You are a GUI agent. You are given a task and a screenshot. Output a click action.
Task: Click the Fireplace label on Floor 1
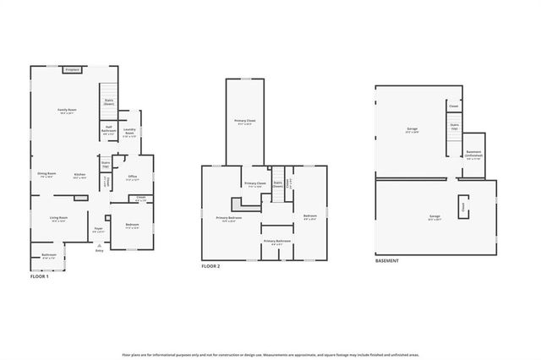72,70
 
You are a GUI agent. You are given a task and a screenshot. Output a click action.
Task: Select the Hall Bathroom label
109,130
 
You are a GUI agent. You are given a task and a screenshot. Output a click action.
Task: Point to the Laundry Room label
129,133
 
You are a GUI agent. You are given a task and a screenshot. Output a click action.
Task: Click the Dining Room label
46,174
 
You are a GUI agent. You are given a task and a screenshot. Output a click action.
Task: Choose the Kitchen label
79,176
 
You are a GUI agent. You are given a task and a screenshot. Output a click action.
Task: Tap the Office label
133,177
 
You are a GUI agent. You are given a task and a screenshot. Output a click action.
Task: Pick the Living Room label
58,218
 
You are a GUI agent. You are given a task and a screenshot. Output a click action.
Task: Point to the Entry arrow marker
99,247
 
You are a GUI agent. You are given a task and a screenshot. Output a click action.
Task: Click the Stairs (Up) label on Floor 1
106,166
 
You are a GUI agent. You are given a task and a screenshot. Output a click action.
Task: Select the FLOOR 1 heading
40,275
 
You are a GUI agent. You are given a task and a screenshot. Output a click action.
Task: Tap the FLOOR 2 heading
210,266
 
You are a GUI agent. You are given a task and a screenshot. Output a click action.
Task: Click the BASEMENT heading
386,260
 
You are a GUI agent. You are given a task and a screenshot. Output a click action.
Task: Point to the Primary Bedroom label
228,218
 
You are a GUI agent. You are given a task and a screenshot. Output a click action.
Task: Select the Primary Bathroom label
276,242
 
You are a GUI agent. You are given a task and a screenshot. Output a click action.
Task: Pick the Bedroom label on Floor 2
309,217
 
